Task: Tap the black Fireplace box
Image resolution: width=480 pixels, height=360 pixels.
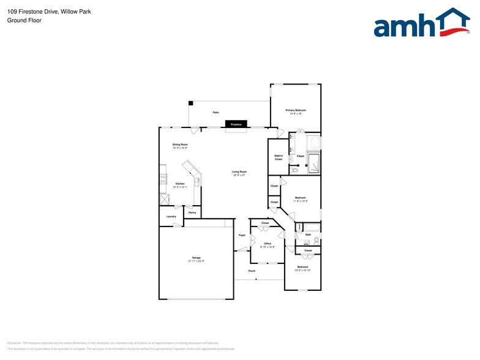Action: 236,124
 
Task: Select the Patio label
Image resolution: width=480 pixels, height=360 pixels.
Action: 216,113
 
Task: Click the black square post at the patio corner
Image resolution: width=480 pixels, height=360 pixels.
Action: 190,103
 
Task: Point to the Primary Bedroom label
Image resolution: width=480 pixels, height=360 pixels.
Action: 295,110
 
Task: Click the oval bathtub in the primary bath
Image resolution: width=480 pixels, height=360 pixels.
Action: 315,143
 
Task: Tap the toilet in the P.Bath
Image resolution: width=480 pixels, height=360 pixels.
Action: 294,170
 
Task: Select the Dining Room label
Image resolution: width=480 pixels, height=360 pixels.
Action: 179,144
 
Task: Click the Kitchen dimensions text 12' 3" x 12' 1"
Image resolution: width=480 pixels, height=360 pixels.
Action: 180,187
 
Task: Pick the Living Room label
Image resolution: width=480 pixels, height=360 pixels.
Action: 239,171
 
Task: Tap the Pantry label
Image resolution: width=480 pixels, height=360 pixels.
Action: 192,212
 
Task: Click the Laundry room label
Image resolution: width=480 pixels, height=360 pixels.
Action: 171,216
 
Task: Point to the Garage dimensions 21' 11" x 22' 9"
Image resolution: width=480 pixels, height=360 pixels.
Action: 196,261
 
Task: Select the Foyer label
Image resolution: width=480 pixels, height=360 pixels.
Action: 242,235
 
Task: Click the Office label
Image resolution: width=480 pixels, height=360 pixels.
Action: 268,244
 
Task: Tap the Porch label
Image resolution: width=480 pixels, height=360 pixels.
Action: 252,271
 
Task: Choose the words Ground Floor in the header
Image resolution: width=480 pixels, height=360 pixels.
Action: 20,20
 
